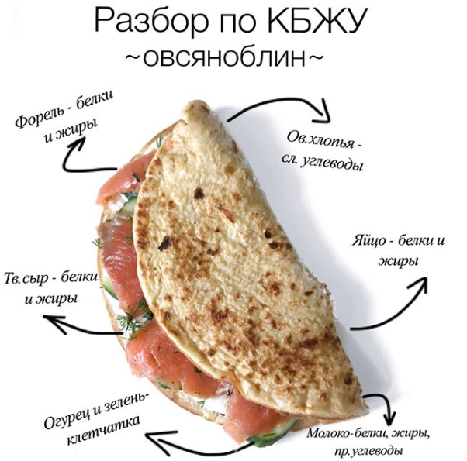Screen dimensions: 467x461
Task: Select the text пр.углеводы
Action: pos(368,449)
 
